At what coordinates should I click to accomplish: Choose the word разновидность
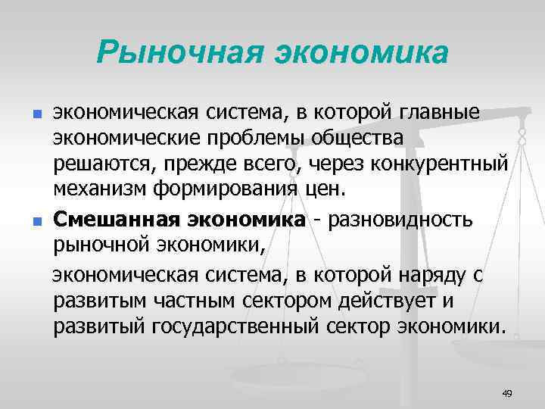399,220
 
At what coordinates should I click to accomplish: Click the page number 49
507,392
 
